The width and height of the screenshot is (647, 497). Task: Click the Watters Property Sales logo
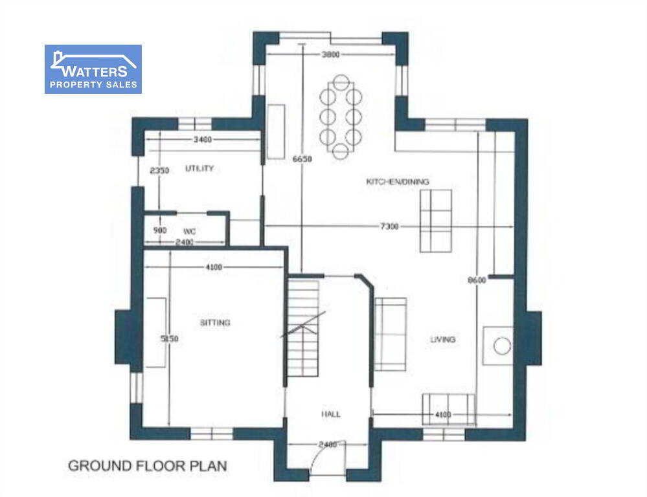tap(93, 69)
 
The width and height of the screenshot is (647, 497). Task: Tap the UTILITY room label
tap(199, 168)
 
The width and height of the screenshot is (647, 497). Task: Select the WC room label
tap(189, 232)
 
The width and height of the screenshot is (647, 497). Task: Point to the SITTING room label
tap(215, 322)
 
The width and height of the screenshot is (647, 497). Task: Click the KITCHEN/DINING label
tap(398, 181)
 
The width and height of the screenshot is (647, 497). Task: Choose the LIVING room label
tap(443, 340)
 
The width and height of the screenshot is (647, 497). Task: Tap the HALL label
tap(331, 414)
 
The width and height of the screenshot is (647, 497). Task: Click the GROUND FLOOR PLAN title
tap(147, 466)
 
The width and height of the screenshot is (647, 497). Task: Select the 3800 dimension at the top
tap(330, 54)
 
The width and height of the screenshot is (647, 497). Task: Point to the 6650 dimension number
tap(302, 159)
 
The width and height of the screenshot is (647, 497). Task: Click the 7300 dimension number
tap(389, 226)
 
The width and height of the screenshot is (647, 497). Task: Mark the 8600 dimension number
tap(477, 280)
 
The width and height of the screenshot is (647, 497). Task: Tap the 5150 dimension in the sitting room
tap(169, 338)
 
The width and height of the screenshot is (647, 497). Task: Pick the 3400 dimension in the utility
tap(203, 140)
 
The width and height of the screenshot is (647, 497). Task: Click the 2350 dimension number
tap(159, 170)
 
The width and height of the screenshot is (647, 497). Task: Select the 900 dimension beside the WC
tap(160, 230)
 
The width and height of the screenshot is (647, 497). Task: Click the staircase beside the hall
tap(303, 329)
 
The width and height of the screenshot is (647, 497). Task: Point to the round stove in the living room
tap(502, 346)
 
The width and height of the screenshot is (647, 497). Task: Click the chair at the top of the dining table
tap(341, 82)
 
